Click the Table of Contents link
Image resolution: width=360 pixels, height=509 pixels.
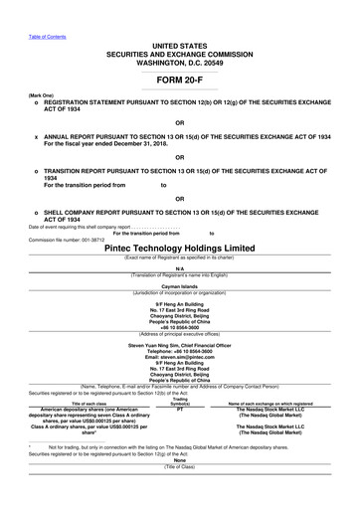coord(20,8)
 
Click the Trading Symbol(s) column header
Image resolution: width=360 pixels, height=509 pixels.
coord(181,402)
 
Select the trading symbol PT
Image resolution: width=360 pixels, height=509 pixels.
coord(181,409)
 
